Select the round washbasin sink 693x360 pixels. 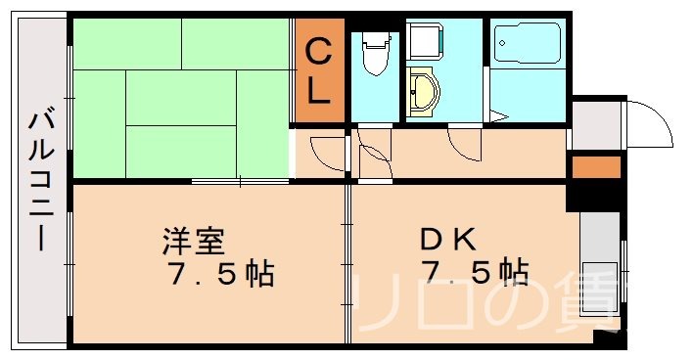click(x=425, y=95)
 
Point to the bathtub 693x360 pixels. click(x=527, y=45)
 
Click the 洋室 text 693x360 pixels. click(x=195, y=240)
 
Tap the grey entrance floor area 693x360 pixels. click(x=597, y=125)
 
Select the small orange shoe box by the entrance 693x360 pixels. click(x=596, y=167)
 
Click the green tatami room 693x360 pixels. click(x=181, y=98)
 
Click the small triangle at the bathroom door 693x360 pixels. click(x=498, y=117)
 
